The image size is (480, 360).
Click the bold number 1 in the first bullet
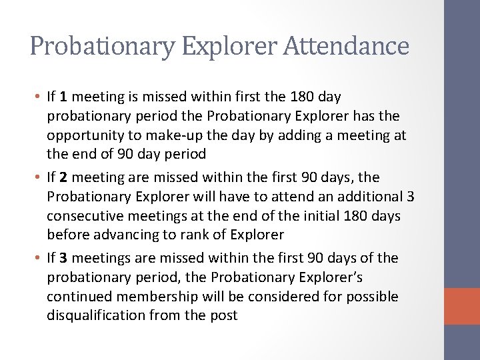coord(65,97)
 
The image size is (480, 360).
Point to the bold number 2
coord(65,177)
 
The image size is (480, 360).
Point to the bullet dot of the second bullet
coord(38,177)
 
